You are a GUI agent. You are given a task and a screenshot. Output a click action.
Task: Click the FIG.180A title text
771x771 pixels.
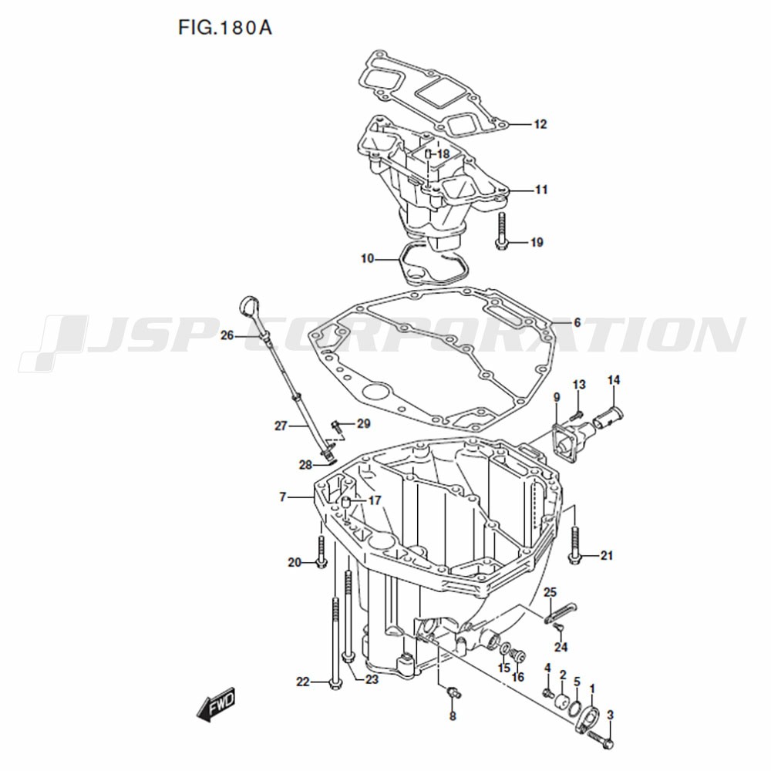(x=224, y=28)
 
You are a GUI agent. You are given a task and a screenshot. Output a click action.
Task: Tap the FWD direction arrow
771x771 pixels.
(x=216, y=704)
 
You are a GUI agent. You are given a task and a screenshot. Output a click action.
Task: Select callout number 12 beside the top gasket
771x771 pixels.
(x=540, y=124)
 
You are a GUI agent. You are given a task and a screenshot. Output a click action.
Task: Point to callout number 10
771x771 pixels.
(x=367, y=258)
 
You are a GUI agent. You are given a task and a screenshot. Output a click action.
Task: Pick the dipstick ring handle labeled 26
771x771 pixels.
(x=250, y=308)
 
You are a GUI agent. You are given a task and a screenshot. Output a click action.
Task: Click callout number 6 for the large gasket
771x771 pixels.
(x=577, y=322)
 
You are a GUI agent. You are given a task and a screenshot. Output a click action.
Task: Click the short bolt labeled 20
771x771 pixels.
(x=321, y=552)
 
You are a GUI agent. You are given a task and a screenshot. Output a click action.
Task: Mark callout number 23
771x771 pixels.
(x=372, y=679)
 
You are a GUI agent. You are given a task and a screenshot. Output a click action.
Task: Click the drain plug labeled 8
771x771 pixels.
(x=453, y=693)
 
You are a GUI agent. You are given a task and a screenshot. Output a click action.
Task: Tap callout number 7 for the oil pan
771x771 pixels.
(x=283, y=497)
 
